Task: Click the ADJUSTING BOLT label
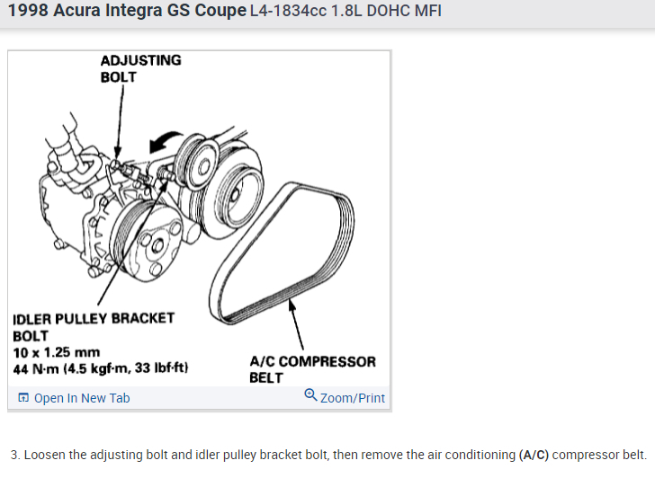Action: coord(140,68)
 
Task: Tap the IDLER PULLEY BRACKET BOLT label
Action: coord(94,326)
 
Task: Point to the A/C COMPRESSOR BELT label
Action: coord(312,369)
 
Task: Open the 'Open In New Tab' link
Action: coord(81,398)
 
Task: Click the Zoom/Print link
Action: coord(352,398)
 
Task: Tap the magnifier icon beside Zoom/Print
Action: coord(310,396)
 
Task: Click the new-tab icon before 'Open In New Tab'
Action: coord(23,398)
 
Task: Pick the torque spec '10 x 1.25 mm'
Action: coord(56,352)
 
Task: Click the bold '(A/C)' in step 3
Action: coord(534,455)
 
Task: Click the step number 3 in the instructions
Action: coord(14,455)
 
